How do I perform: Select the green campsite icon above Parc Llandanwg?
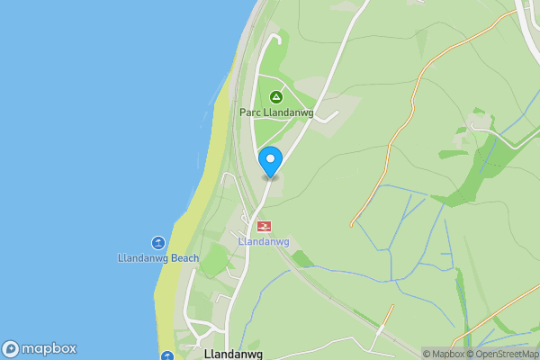pyautogui.click(x=276, y=96)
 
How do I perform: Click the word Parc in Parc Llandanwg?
pyautogui.click(x=249, y=113)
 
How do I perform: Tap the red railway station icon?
pyautogui.click(x=265, y=226)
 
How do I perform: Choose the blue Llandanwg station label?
pyautogui.click(x=263, y=242)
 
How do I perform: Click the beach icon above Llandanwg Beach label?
pyautogui.click(x=158, y=243)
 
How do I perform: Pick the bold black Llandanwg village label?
pyautogui.click(x=233, y=354)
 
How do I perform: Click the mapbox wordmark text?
pyautogui.click(x=49, y=349)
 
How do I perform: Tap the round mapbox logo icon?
pyautogui.click(x=11, y=349)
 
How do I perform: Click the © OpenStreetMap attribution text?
pyautogui.click(x=500, y=354)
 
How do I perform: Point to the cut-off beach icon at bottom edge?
pyautogui.click(x=166, y=356)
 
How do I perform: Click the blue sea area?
pyautogui.click(x=81, y=135)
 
